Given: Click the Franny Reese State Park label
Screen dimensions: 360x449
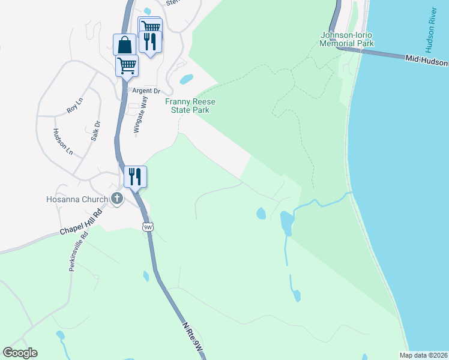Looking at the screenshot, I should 190,106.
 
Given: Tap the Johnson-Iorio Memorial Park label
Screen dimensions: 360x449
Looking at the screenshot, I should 347,39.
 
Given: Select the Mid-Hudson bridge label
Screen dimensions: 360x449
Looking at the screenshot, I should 426,61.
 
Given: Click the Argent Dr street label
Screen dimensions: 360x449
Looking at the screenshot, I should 146,91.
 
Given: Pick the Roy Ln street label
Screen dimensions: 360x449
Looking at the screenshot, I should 74,109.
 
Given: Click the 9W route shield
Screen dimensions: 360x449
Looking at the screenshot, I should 148,227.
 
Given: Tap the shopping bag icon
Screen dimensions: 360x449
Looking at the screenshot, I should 124,45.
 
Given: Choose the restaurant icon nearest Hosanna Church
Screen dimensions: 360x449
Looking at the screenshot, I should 135,176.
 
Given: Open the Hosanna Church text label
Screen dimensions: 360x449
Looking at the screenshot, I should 77,199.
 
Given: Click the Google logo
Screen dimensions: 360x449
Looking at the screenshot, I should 20,353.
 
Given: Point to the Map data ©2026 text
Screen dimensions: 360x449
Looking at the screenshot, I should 424,355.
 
